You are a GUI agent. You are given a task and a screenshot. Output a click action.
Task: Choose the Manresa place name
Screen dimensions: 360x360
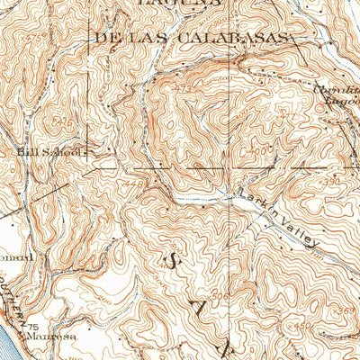pos(54,337)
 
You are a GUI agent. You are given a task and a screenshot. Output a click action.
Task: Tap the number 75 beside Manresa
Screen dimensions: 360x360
pos(33,327)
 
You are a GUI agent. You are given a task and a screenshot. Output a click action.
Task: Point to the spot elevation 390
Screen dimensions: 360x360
pos(334,182)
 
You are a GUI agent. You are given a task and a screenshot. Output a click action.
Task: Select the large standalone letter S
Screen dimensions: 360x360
pos(171,261)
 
